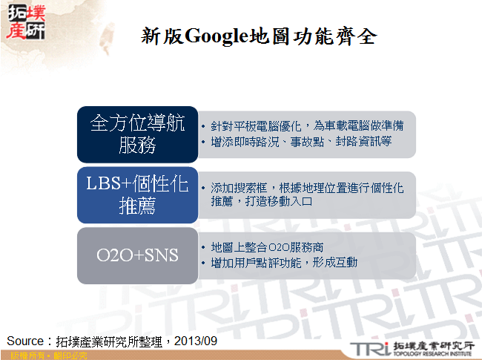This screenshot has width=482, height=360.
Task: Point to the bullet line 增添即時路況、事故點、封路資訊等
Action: (x=296, y=141)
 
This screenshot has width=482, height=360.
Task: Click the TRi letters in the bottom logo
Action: (x=365, y=347)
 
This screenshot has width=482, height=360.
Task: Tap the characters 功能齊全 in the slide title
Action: (x=336, y=36)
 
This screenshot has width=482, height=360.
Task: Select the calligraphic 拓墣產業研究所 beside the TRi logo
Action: (x=430, y=345)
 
